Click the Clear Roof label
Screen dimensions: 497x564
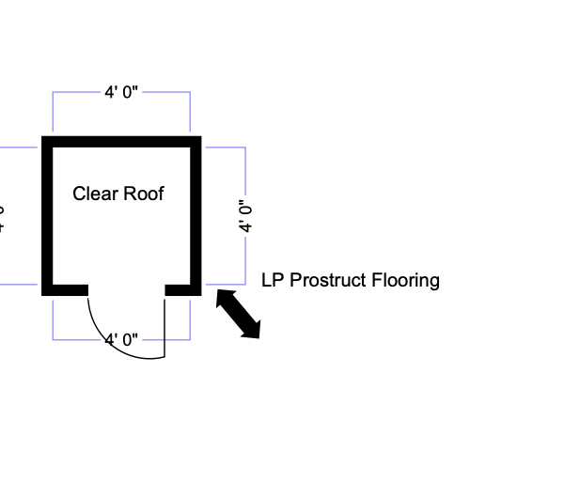[118, 194]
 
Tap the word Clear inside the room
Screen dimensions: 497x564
[95, 194]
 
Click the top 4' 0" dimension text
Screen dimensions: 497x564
[121, 92]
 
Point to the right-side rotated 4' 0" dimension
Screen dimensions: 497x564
[245, 216]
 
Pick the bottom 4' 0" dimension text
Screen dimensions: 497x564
[121, 338]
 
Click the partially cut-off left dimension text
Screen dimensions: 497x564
[3, 216]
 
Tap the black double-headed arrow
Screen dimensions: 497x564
[239, 314]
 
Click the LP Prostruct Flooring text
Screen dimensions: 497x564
[351, 280]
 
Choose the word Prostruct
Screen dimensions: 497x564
[329, 280]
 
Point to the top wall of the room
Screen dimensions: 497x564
[121, 142]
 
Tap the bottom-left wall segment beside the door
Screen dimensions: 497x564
[65, 289]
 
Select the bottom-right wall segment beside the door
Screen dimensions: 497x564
[183, 289]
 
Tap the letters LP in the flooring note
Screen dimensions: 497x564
[272, 280]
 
